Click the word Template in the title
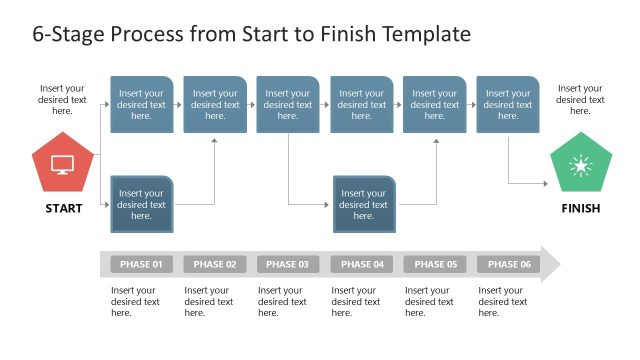420,34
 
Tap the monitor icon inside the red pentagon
62,164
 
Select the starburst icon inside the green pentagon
580,166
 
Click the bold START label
63,209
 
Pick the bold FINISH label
581,209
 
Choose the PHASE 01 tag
141,265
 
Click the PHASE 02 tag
215,265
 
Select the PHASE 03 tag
288,265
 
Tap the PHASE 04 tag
362,265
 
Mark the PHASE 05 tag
435,265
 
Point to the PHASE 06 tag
509,265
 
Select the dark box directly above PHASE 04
364,204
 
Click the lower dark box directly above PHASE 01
141,204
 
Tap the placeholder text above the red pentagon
63,99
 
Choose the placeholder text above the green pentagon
581,99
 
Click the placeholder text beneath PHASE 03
282,301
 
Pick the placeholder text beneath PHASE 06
503,301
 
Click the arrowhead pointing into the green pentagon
545,183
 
